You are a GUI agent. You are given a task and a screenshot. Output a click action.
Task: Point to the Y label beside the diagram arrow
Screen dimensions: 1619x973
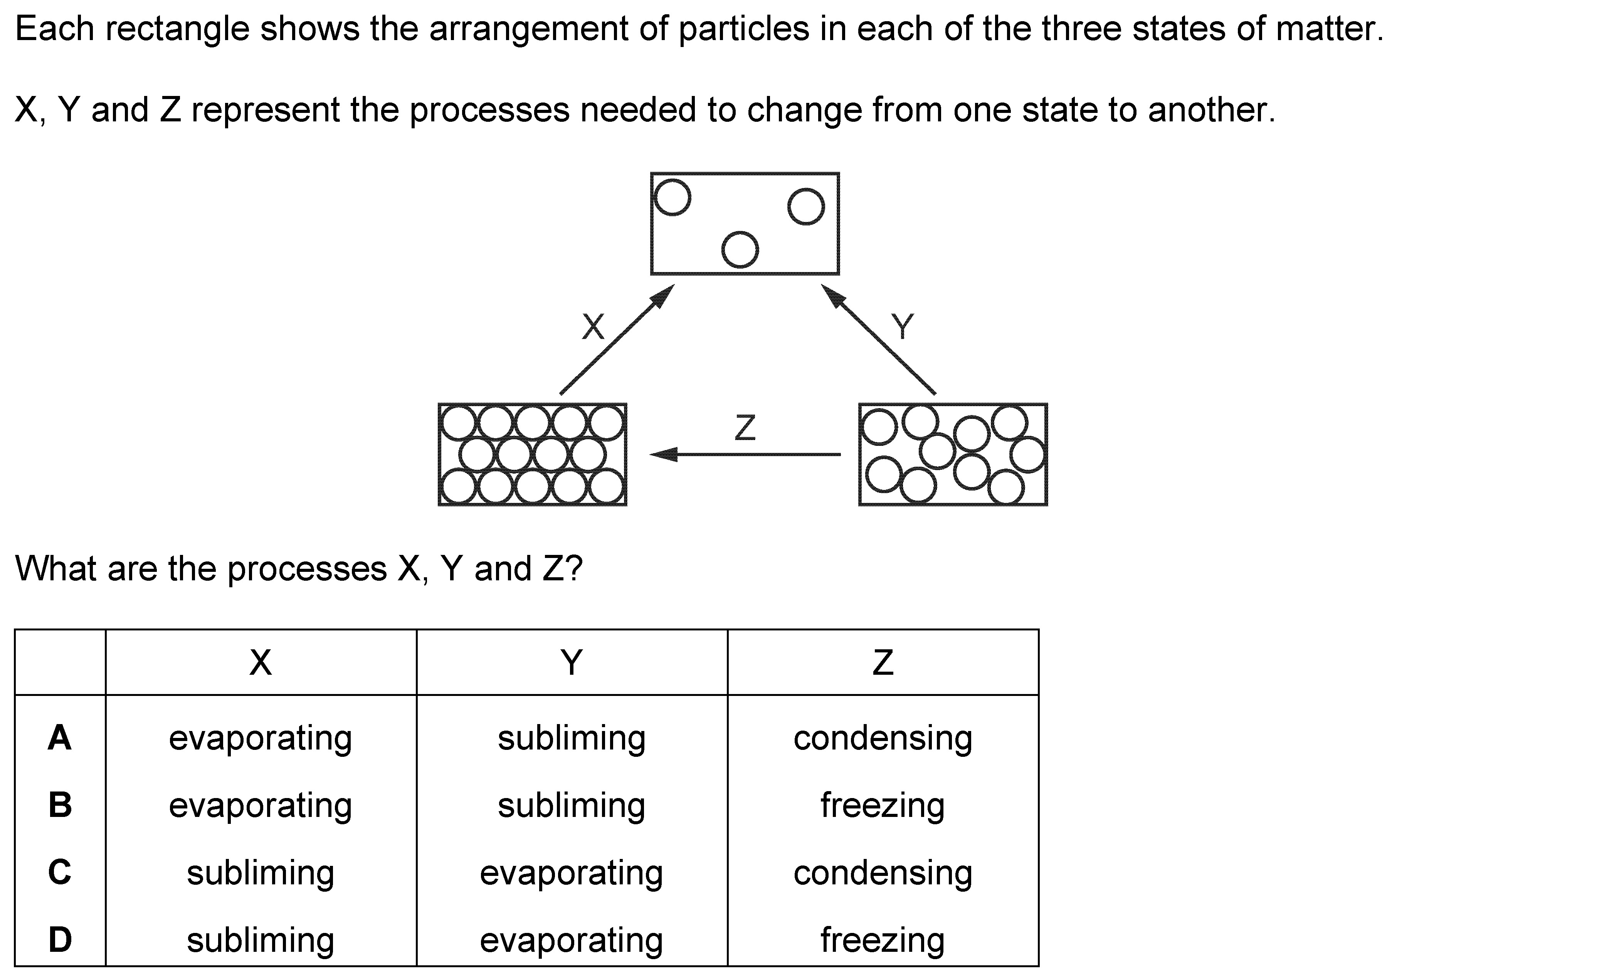point(902,326)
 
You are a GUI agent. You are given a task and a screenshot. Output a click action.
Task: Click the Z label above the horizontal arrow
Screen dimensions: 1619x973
point(745,427)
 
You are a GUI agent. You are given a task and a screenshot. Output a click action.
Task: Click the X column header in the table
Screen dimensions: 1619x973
point(261,662)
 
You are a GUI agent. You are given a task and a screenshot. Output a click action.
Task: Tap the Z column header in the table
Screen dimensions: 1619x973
point(883,662)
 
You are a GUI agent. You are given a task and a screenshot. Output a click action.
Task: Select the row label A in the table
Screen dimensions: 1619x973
point(60,738)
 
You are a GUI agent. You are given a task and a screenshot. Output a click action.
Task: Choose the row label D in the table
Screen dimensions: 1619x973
point(60,939)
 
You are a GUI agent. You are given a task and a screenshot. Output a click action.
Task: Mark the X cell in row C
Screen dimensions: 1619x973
point(261,873)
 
